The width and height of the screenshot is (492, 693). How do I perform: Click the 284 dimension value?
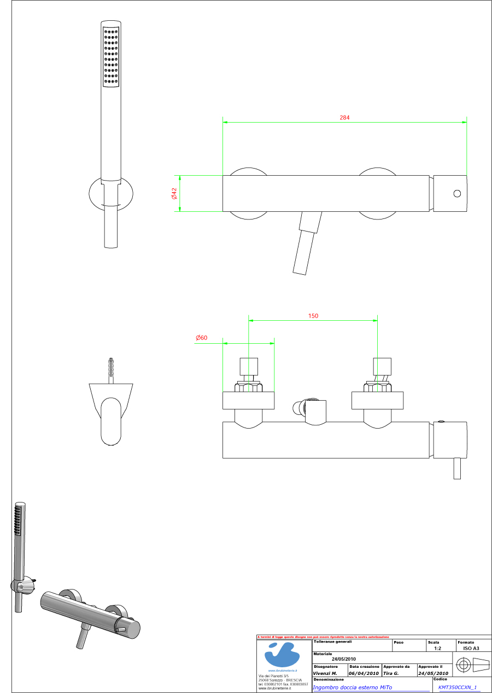click(344, 118)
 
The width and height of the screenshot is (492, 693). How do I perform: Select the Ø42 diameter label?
click(174, 193)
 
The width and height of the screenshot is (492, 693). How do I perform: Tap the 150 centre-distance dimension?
click(313, 316)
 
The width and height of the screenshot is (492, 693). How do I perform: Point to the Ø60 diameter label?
click(202, 338)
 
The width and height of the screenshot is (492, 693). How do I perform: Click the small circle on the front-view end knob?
click(457, 193)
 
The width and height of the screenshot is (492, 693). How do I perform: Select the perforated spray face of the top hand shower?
click(110, 55)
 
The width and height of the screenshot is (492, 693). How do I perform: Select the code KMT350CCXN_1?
click(458, 688)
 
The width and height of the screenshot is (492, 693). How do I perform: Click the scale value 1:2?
click(437, 648)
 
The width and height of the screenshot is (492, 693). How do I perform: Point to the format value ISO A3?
click(471, 648)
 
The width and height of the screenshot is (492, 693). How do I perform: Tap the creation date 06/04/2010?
click(364, 673)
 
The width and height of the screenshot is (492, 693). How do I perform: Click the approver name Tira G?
click(391, 673)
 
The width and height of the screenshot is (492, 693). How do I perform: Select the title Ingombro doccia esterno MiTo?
click(353, 688)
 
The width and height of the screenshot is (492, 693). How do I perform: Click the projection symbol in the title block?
click(472, 666)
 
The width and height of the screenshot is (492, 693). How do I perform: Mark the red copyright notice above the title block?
click(323, 637)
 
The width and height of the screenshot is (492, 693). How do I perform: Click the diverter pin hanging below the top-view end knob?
click(457, 469)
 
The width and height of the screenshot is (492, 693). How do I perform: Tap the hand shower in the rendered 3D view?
click(20, 547)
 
